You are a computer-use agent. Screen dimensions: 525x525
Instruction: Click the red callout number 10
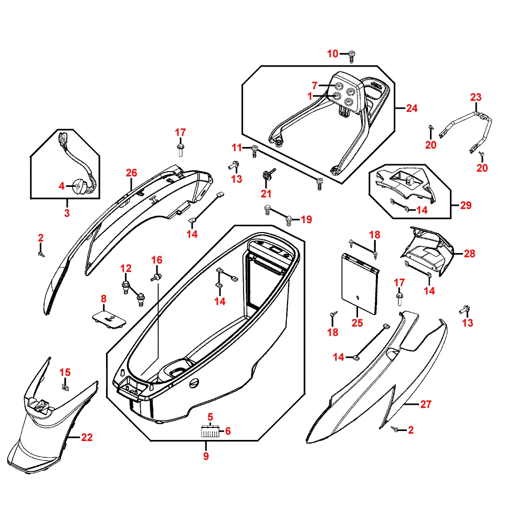333,54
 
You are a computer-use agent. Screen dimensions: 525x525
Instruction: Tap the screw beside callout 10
351,54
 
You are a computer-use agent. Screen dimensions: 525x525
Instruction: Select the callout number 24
412,109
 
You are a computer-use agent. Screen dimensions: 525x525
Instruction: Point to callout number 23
476,97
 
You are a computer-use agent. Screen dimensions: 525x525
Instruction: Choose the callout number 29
466,205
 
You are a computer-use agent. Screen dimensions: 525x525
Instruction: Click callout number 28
469,254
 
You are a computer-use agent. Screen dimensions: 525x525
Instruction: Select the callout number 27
425,404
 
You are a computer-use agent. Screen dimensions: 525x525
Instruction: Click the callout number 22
87,437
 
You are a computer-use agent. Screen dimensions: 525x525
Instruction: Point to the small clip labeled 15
66,388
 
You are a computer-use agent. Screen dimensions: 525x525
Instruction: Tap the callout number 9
206,456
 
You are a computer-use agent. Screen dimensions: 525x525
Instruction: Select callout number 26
131,173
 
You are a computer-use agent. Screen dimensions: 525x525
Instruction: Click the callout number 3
67,213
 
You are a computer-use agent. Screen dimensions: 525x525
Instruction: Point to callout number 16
157,260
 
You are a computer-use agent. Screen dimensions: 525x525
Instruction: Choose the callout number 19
306,219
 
